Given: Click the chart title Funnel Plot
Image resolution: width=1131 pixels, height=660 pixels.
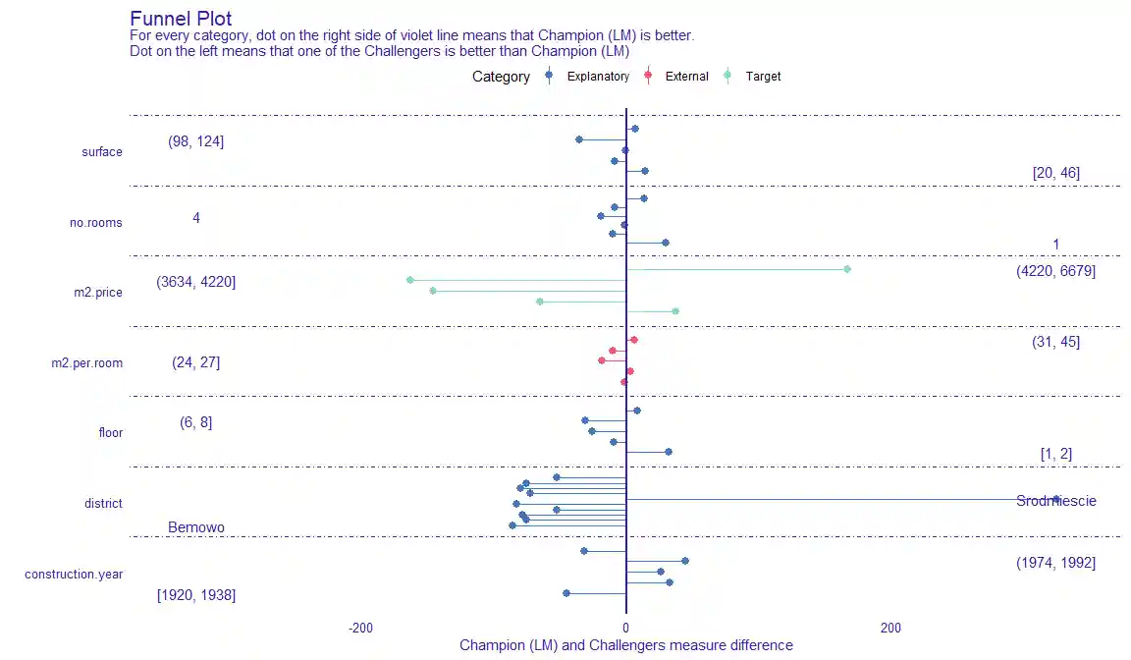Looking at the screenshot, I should (181, 19).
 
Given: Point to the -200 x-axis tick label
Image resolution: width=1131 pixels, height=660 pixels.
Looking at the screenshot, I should (360, 628).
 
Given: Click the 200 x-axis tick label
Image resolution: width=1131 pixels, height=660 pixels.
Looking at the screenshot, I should (890, 628).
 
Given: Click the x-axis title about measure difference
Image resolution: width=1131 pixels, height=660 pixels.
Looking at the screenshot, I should (625, 645).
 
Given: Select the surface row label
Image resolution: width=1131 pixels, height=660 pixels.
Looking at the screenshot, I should (102, 152).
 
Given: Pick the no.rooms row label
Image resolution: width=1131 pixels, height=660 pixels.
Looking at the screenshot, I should (96, 223).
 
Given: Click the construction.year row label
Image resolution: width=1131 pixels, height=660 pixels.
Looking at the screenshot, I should (74, 574).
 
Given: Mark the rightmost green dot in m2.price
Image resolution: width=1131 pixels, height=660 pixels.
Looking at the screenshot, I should (847, 269).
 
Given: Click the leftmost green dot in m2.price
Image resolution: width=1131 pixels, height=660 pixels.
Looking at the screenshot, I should (410, 281).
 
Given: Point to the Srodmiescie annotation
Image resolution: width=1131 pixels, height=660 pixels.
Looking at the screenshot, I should (1056, 501).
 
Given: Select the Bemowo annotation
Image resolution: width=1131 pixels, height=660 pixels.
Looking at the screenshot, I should (196, 527).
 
